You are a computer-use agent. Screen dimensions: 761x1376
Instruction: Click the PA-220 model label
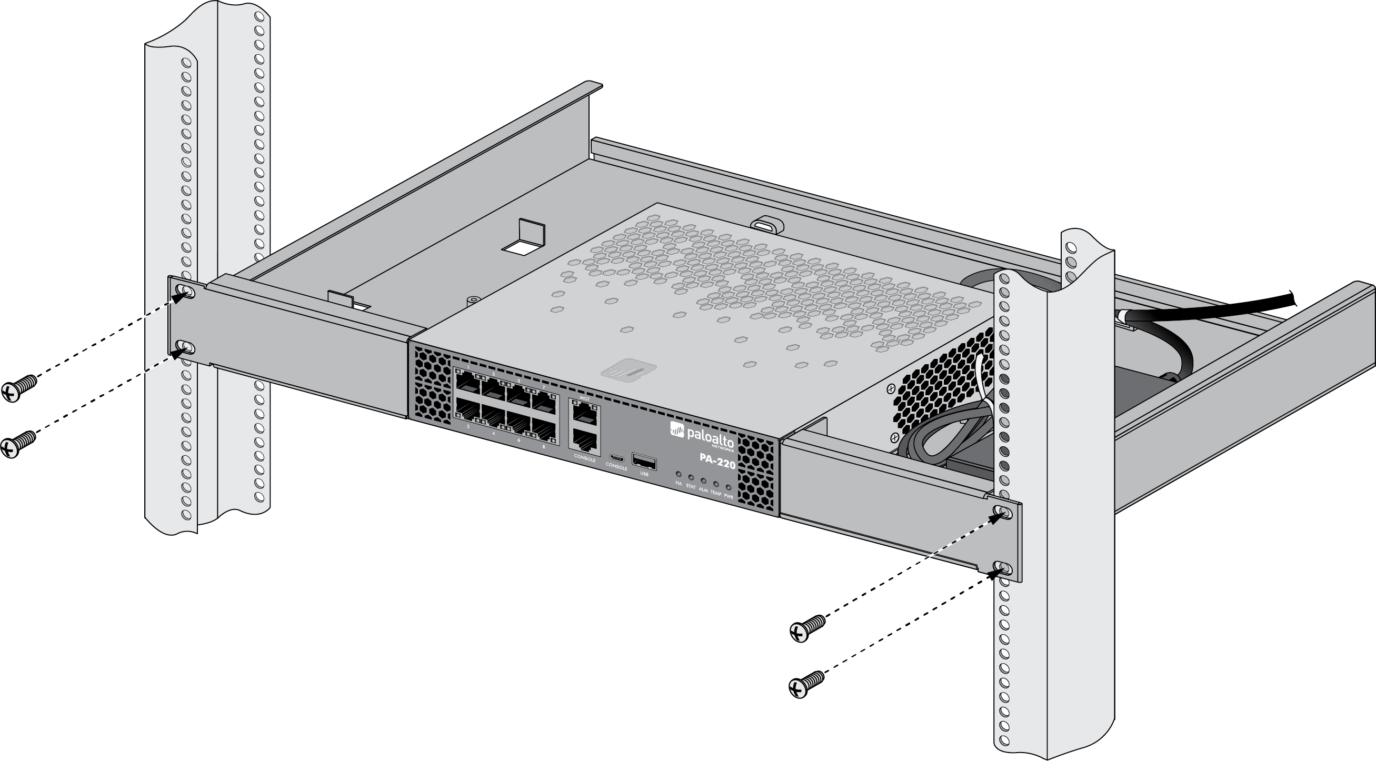coord(717,461)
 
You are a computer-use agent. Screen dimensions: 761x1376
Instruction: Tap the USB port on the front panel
coord(644,462)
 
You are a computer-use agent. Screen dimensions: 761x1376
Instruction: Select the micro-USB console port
coord(616,458)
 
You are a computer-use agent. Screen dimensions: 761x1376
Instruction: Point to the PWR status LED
coord(728,488)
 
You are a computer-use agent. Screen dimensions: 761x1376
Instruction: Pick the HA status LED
coord(679,474)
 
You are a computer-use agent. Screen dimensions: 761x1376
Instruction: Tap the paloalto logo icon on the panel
coord(677,429)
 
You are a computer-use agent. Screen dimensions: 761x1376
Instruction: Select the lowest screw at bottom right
coord(805,685)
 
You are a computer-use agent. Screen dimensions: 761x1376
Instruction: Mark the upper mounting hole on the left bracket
coord(185,292)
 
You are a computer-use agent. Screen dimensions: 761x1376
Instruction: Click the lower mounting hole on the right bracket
coord(1003,568)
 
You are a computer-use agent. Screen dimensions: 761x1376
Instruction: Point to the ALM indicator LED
coord(703,481)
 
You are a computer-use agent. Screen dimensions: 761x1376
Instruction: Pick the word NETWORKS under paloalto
coord(723,449)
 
